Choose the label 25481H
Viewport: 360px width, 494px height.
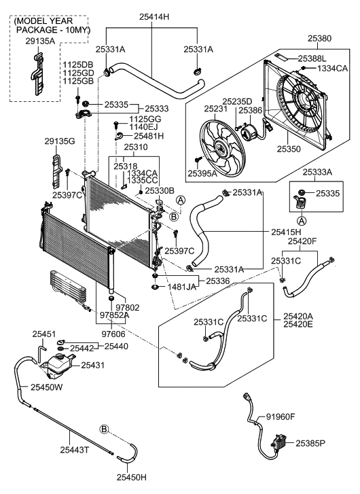(x=149, y=136)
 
